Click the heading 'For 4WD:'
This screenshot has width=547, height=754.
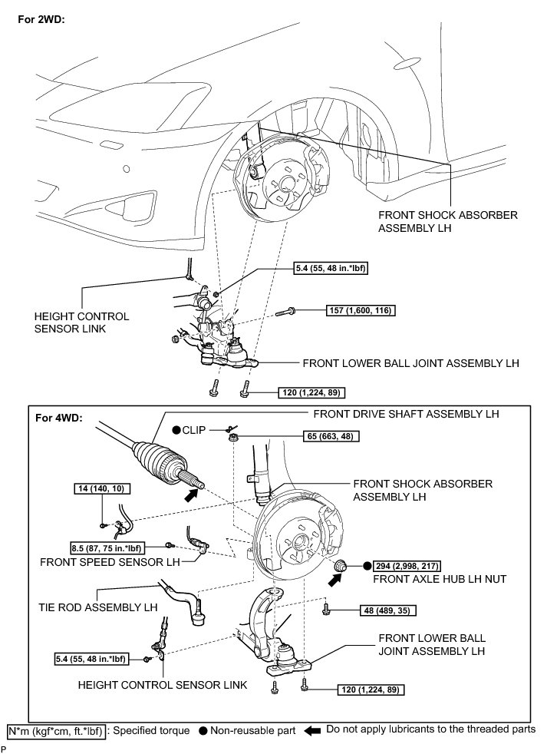(62, 419)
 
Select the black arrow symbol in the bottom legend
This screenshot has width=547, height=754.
(313, 730)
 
